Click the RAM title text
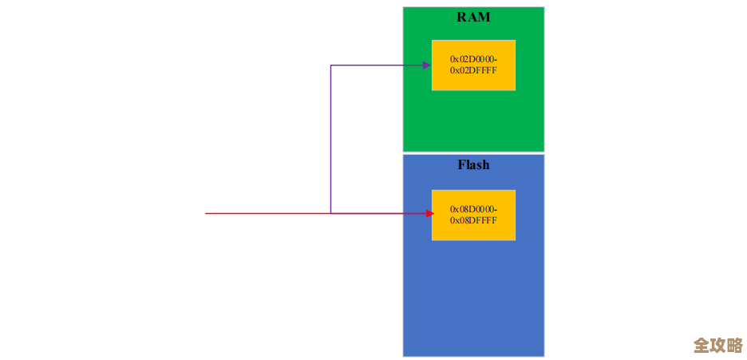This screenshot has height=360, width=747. point(473,17)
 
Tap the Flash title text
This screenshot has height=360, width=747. point(473,165)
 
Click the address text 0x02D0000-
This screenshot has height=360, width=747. point(473,59)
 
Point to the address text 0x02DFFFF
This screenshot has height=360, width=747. point(473,70)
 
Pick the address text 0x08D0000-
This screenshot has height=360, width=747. point(473,209)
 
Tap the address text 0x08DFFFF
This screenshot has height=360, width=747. point(473,220)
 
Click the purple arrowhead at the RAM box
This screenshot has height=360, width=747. point(427,65)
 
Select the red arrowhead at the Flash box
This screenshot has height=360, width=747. point(429,213)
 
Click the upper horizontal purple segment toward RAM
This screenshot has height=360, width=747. point(375,65)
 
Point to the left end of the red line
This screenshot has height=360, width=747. point(207,213)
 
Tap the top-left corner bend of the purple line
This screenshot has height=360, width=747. point(331,65)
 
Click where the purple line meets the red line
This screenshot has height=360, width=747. point(331,213)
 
